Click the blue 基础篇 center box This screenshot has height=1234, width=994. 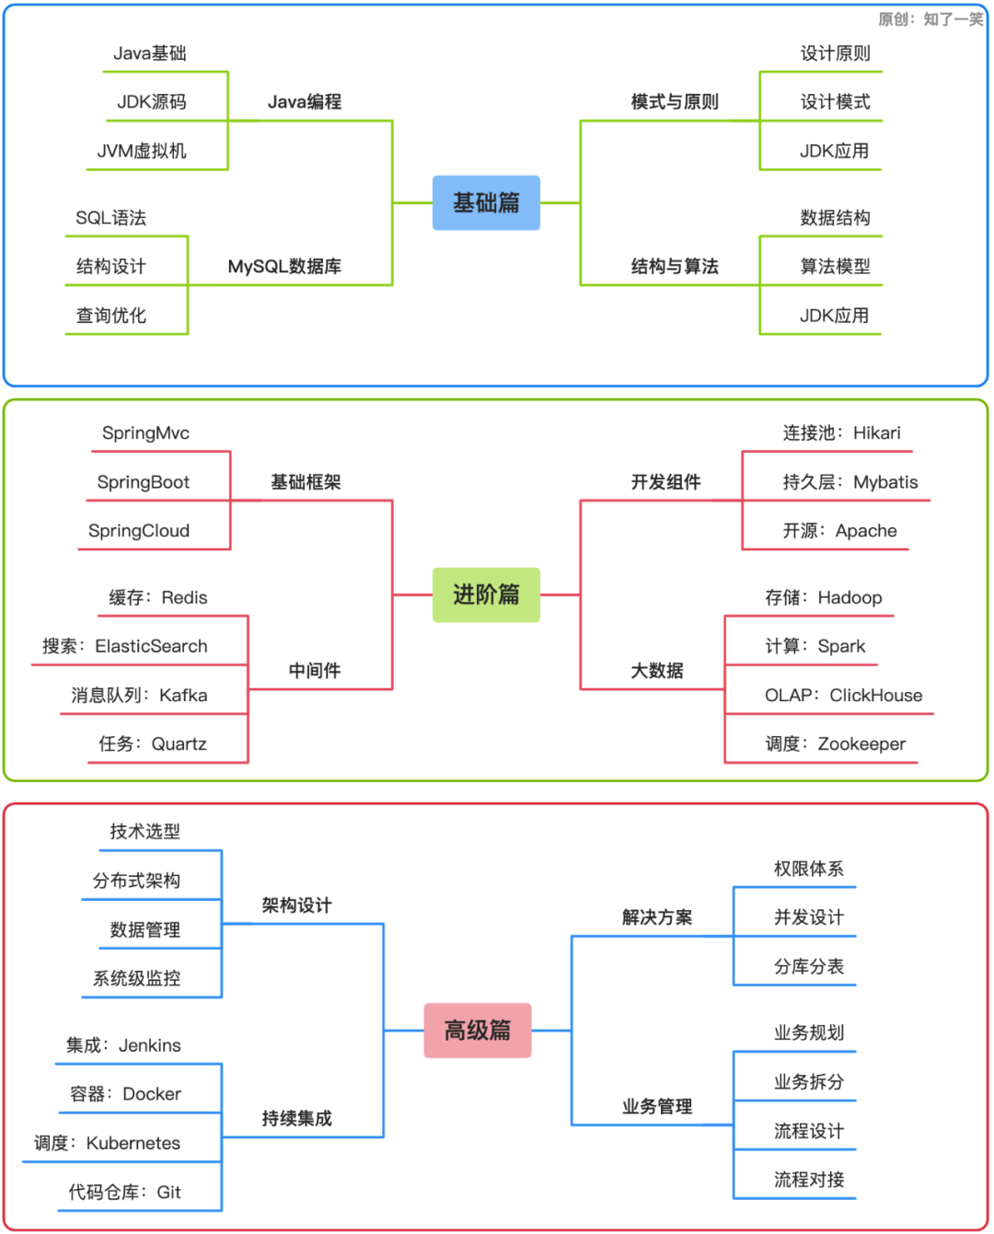pyautogui.click(x=486, y=202)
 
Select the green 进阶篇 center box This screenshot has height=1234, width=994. pyautogui.click(x=486, y=594)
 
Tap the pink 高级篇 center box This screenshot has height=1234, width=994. pyautogui.click(x=477, y=1030)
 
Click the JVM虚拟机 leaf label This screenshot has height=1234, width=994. pyautogui.click(x=142, y=151)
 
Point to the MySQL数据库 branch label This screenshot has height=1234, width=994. pyautogui.click(x=284, y=266)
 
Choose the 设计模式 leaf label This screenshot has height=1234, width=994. pyautogui.click(x=835, y=102)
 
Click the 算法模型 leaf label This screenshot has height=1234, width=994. pyautogui.click(x=835, y=266)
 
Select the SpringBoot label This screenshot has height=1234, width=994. pyautogui.click(x=144, y=482)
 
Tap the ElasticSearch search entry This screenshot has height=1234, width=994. pyautogui.click(x=125, y=646)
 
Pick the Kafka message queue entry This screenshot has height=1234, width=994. pyautogui.click(x=139, y=695)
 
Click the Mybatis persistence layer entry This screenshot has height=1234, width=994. pyautogui.click(x=850, y=482)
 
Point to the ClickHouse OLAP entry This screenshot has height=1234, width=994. pyautogui.click(x=843, y=695)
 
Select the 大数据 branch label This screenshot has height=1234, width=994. pyautogui.click(x=657, y=671)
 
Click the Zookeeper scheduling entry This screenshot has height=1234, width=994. pyautogui.click(x=835, y=744)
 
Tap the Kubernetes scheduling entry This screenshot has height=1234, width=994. pyautogui.click(x=108, y=1143)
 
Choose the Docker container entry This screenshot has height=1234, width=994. pyautogui.click(x=126, y=1094)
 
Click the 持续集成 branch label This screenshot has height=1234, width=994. pyautogui.click(x=296, y=1118)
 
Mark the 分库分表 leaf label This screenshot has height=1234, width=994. pyautogui.click(x=808, y=966)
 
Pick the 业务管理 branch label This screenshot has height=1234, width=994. pyautogui.click(x=657, y=1106)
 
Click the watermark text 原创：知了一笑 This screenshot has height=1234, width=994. pyautogui.click(x=930, y=19)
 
